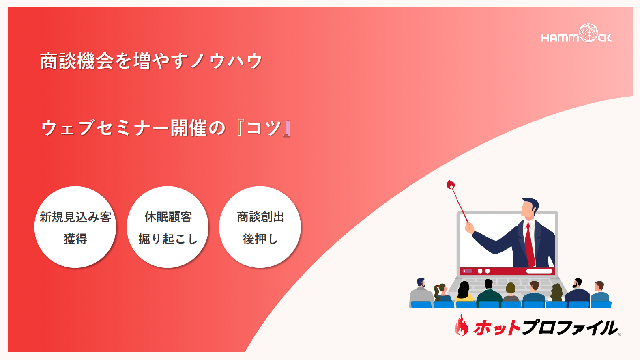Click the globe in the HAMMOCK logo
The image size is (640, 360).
pyautogui.click(x=588, y=33)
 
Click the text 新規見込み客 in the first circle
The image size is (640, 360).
pyautogui.click(x=75, y=217)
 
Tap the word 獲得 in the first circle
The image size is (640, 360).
pyautogui.click(x=75, y=239)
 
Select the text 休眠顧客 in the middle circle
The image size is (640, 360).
pyautogui.click(x=168, y=217)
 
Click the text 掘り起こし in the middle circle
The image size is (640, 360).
pyautogui.click(x=168, y=239)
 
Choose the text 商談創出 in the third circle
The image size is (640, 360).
pyautogui.click(x=260, y=217)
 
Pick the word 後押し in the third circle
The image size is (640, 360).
pyautogui.click(x=260, y=239)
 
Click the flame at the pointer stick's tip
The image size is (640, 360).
pyautogui.click(x=451, y=184)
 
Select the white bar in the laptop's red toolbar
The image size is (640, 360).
pyautogui.click(x=539, y=271)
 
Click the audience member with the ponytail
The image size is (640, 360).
pyautogui.click(x=441, y=293)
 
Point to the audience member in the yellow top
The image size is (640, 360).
pyautogui.click(x=464, y=292)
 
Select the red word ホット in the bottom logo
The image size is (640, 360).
pyautogui.click(x=497, y=328)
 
